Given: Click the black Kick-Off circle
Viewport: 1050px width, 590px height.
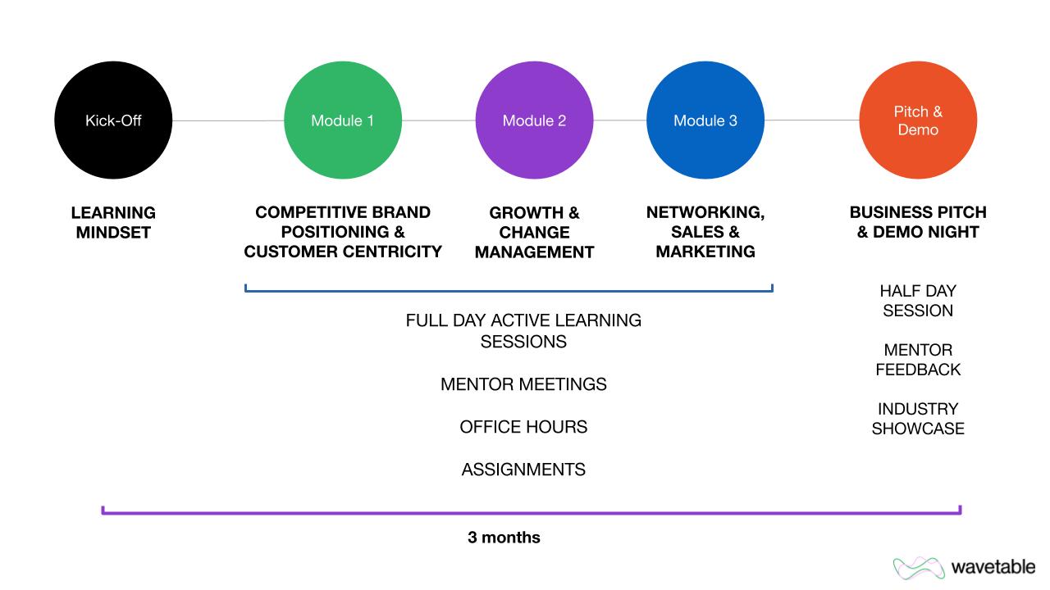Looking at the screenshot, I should [x=113, y=120].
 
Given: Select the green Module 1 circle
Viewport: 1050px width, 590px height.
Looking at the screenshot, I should [x=342, y=120].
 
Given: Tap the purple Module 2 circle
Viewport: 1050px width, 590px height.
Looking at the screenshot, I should [x=534, y=120].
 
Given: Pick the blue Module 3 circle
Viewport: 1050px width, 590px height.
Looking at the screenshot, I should [x=705, y=120].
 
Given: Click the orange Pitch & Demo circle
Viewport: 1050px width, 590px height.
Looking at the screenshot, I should [x=918, y=120].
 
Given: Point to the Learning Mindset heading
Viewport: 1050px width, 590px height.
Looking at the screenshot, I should [x=113, y=222].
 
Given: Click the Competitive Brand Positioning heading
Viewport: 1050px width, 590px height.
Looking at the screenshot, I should [x=343, y=232].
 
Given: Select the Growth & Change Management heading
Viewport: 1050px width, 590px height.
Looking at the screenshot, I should [x=534, y=232].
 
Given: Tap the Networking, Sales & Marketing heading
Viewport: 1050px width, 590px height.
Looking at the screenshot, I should [x=705, y=232].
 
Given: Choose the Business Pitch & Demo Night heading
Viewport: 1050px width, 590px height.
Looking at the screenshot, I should [x=918, y=222].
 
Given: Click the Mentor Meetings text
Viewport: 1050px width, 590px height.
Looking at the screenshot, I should [x=523, y=384].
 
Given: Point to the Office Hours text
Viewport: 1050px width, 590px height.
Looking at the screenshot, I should [x=523, y=427].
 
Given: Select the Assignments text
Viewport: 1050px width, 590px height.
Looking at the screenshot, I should [x=523, y=470].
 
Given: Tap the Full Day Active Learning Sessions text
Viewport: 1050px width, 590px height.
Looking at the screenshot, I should [x=523, y=330].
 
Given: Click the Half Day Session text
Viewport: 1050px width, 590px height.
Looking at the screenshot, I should [x=918, y=301].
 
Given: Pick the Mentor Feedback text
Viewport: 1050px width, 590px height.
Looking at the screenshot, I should [x=918, y=360].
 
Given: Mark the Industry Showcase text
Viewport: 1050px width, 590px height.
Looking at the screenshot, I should [x=918, y=419].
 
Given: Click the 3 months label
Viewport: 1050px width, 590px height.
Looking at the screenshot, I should [x=504, y=538].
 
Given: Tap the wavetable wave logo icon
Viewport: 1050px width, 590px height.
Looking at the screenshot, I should [x=919, y=567].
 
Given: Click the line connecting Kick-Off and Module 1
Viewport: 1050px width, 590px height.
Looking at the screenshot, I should [x=228, y=120].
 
